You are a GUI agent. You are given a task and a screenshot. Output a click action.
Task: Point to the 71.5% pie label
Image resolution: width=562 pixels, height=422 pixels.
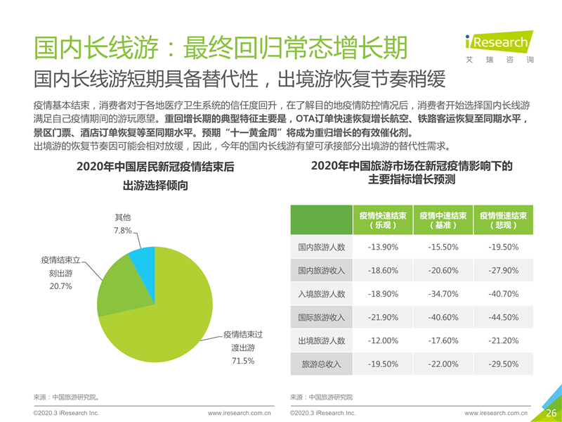[x=242, y=361]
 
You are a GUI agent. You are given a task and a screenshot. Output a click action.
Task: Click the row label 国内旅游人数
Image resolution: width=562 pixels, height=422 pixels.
[x=321, y=247]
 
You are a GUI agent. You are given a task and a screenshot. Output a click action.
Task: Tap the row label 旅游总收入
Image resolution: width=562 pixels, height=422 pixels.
[x=321, y=364]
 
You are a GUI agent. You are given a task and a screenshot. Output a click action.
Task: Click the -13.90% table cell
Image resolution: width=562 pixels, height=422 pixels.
[x=383, y=247]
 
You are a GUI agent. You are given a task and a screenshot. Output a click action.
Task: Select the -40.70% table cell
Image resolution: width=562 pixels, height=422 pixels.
[x=502, y=294]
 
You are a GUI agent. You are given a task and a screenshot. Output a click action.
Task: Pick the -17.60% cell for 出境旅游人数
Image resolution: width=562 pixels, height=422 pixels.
[x=443, y=340]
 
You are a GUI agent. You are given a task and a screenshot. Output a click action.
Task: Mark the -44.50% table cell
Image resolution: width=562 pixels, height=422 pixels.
[x=502, y=317]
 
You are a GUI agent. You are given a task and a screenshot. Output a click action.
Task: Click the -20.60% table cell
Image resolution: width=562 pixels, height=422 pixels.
[x=443, y=271]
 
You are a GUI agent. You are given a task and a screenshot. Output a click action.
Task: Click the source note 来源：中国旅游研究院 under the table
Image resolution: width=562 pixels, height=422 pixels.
[x=321, y=397]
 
